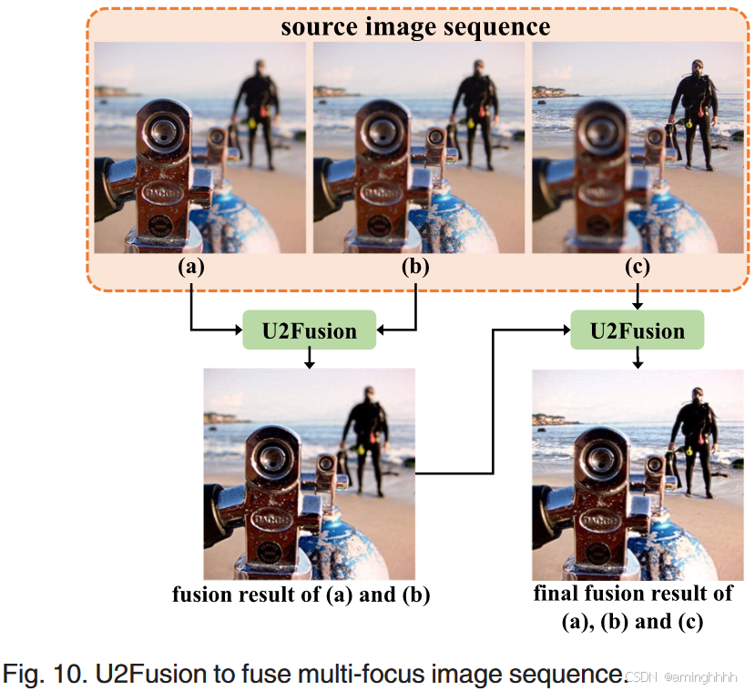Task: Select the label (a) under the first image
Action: pos(192,268)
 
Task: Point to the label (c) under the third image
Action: pos(637,268)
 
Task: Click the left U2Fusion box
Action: pos(310,330)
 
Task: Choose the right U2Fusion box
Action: pos(638,330)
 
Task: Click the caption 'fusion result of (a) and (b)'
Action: pos(301,595)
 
